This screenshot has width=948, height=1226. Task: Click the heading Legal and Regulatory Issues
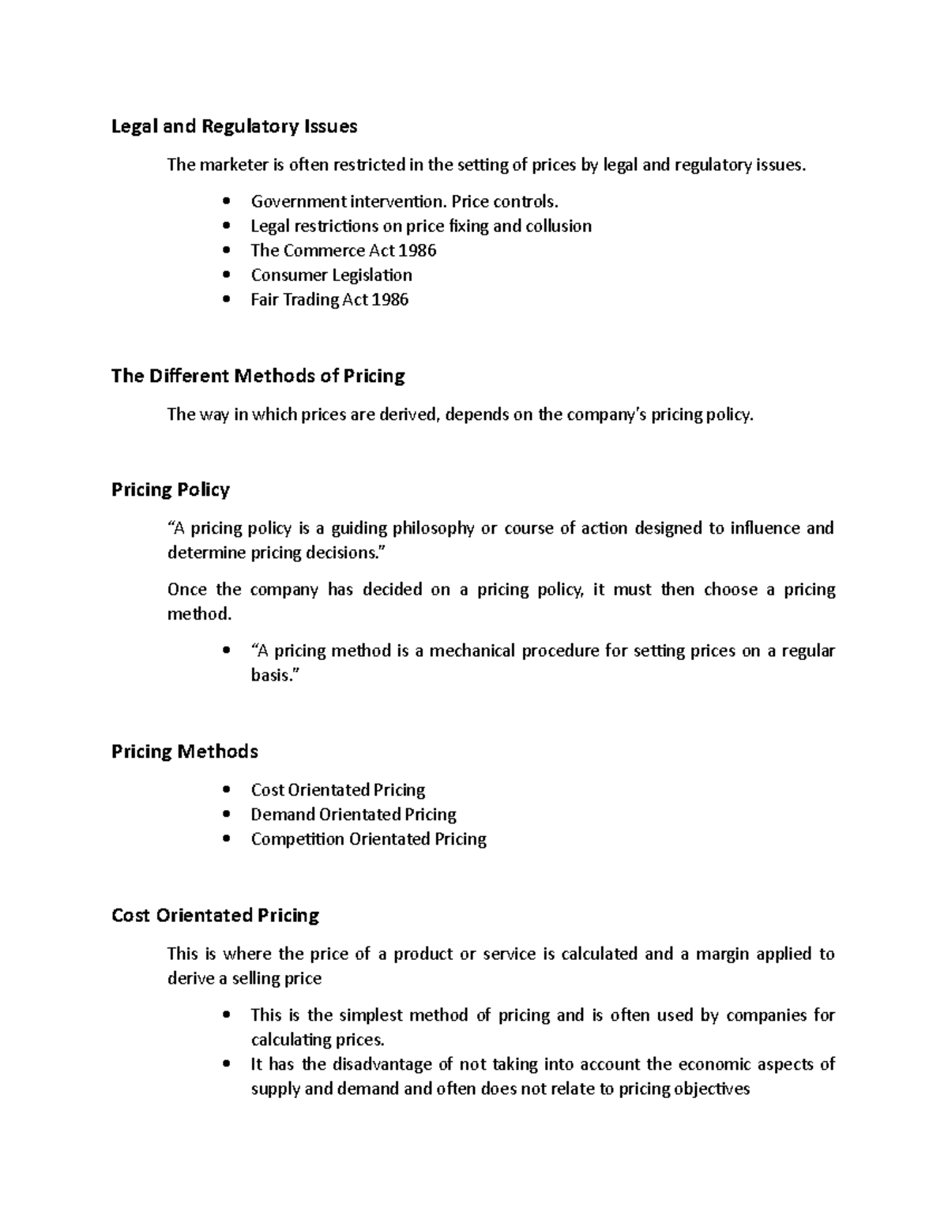(x=234, y=126)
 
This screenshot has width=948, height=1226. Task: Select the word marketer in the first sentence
(x=235, y=165)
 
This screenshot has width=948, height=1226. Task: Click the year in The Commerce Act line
(x=417, y=250)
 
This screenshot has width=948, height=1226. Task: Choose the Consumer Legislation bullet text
(x=331, y=275)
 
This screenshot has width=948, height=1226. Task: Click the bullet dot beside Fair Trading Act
(x=228, y=300)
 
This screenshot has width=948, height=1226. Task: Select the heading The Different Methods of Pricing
(x=258, y=376)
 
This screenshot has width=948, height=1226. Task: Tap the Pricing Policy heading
(x=170, y=490)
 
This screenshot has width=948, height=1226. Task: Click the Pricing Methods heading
(x=184, y=752)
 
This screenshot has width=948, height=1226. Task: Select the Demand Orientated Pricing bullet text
(x=353, y=814)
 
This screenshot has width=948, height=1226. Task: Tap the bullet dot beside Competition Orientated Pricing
(x=228, y=839)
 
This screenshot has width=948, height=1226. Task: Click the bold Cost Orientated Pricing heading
(x=215, y=916)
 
